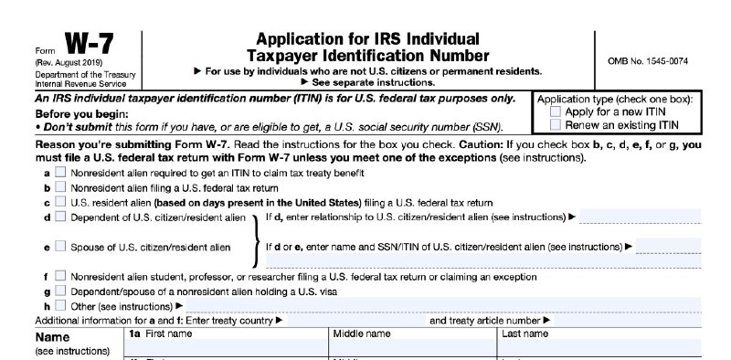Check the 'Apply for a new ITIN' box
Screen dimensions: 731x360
(x=556, y=111)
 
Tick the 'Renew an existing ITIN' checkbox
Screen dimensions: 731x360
(x=556, y=123)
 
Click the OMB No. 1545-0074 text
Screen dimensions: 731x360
(x=647, y=61)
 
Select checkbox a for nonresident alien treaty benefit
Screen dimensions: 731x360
(x=60, y=172)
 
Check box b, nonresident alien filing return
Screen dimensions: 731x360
(x=60, y=186)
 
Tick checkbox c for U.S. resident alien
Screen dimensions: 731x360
(x=60, y=202)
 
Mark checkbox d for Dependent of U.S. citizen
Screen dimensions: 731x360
(x=60, y=217)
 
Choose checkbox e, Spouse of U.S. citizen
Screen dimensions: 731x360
(x=60, y=247)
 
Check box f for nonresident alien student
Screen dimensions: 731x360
(x=60, y=276)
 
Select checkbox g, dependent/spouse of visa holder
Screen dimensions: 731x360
(x=60, y=291)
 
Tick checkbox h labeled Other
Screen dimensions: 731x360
(x=60, y=305)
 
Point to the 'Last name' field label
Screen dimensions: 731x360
(x=525, y=334)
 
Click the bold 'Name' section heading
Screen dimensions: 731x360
(x=52, y=336)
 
